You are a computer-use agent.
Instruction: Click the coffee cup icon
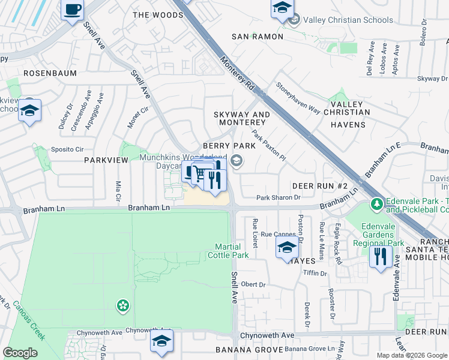click(73, 10)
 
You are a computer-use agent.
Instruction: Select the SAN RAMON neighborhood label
click(258, 37)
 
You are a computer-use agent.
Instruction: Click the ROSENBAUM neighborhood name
click(50, 73)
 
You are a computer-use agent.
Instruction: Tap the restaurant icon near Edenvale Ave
click(381, 258)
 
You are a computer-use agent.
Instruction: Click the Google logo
click(20, 353)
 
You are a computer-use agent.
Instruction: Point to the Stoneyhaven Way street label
click(298, 97)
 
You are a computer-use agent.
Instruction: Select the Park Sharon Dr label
click(278, 197)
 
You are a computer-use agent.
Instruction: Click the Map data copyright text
click(412, 355)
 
